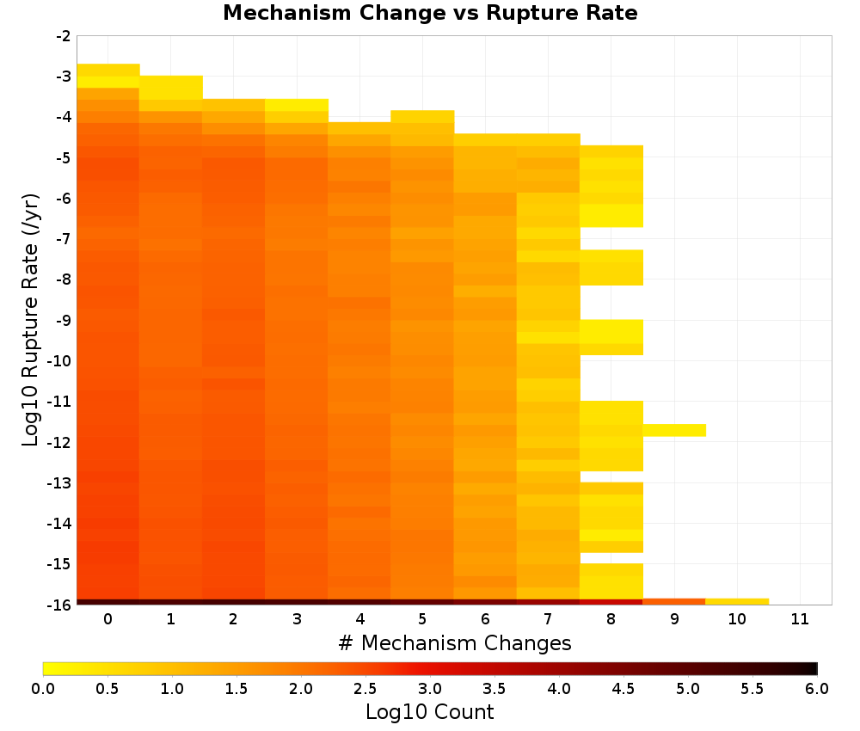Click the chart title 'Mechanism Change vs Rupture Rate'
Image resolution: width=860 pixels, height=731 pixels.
(430, 13)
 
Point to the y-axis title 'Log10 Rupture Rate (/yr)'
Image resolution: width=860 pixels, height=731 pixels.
(30, 320)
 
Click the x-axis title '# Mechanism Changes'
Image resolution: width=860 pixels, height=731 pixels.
(455, 642)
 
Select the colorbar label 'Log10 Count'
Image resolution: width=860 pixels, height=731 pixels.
(429, 712)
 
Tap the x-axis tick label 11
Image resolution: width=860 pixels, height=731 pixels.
(800, 619)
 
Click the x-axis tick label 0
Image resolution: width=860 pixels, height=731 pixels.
(108, 619)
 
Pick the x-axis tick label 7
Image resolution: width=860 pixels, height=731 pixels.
(548, 619)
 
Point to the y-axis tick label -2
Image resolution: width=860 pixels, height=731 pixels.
(64, 36)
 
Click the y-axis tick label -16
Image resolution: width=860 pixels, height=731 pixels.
(60, 605)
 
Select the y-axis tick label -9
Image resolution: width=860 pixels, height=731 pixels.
(64, 320)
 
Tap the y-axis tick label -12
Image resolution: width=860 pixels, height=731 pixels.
(60, 442)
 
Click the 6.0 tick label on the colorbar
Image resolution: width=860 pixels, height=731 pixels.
(817, 689)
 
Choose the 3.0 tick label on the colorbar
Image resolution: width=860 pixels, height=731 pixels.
(430, 689)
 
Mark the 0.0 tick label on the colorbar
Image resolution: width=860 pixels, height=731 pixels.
(43, 689)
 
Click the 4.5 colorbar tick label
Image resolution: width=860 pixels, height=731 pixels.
(623, 689)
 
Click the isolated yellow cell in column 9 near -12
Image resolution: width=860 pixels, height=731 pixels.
(674, 430)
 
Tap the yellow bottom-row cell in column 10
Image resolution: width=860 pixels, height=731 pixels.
(737, 602)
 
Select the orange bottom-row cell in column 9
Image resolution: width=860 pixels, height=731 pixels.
(674, 602)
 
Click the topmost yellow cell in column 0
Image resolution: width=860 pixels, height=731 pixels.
(108, 70)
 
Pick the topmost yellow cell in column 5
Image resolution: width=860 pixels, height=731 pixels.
(422, 116)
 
